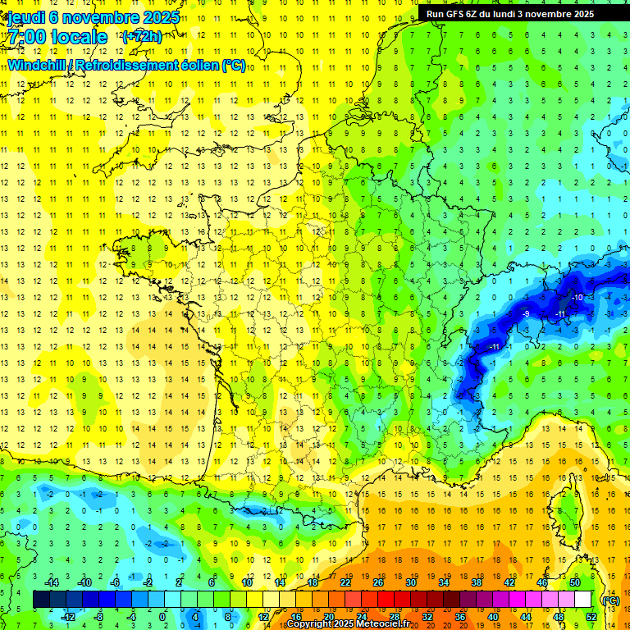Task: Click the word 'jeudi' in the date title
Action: (x=23, y=17)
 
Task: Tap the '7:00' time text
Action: (x=26, y=37)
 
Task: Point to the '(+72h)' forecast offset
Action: (x=142, y=37)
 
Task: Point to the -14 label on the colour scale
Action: (x=52, y=582)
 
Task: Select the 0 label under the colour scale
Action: (x=162, y=617)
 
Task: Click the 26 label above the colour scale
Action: (x=378, y=582)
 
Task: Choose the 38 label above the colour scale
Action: (x=477, y=582)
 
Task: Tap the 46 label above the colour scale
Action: (x=542, y=582)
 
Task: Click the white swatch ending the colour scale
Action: (x=583, y=600)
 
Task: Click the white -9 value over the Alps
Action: (x=526, y=313)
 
